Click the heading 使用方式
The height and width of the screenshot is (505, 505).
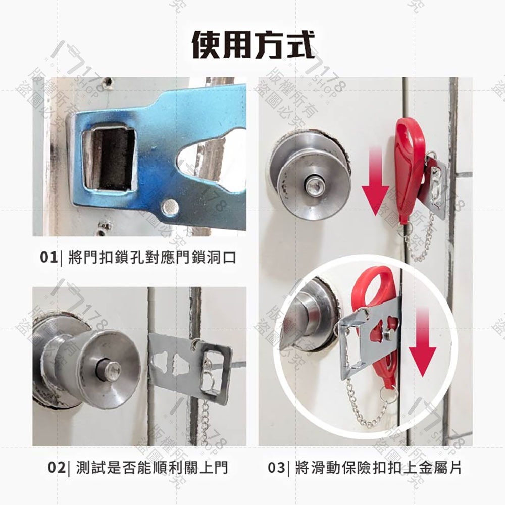(x=252, y=44)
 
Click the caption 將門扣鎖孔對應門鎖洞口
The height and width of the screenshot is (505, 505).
(x=151, y=258)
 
